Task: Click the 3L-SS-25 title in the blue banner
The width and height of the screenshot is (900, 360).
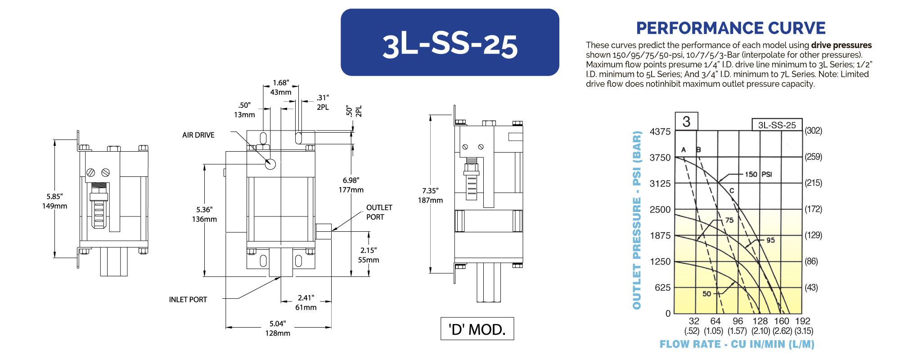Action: [450, 45]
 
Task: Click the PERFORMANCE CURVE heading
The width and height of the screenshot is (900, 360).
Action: [731, 28]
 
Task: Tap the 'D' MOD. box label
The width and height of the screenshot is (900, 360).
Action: [477, 329]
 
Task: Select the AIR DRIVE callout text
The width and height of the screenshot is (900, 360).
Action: [198, 135]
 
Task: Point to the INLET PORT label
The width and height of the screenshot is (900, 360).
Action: [188, 300]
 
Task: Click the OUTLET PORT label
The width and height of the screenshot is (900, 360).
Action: [379, 212]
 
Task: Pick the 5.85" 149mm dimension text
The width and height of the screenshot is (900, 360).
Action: [54, 201]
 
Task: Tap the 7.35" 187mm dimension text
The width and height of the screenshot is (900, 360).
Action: [430, 195]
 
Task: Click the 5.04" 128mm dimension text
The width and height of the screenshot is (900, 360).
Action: [278, 328]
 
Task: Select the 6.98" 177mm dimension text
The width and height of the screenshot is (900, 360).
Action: [351, 185]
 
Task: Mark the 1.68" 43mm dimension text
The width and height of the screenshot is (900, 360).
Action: [281, 87]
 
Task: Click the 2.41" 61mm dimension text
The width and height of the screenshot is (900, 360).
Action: [306, 302]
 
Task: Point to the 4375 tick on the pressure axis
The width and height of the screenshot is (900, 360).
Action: [660, 132]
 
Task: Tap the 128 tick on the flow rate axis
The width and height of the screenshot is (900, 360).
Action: [760, 321]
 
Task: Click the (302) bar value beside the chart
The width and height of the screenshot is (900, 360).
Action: [813, 131]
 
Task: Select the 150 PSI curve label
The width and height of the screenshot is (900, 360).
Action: [758, 174]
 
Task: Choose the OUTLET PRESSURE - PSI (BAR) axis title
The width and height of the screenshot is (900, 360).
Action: [637, 220]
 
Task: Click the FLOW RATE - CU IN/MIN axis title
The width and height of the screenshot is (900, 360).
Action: [737, 344]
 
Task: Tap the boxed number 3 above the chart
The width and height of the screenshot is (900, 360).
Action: [686, 121]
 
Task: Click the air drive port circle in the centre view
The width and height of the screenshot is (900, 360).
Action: [270, 164]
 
